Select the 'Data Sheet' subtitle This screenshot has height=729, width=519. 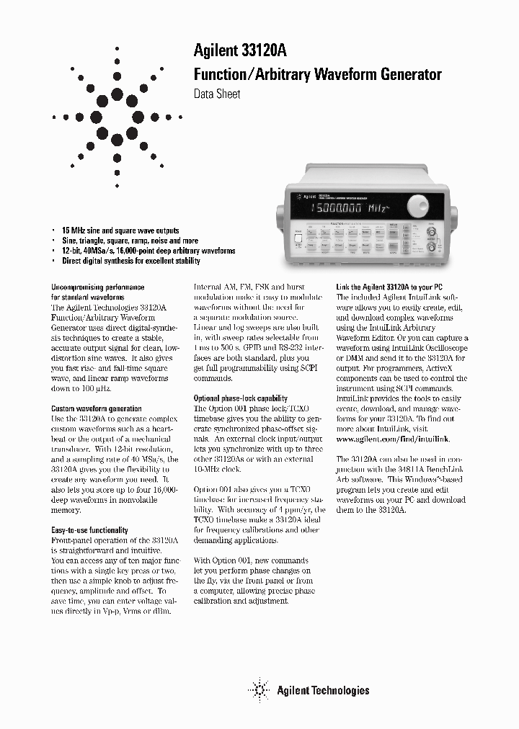point(217,94)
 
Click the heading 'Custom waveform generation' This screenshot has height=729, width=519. point(97,408)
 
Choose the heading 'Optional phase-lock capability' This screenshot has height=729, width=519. point(241,398)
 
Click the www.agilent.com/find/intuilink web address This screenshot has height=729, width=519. point(392,438)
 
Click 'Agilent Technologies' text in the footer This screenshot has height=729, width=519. point(322,690)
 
